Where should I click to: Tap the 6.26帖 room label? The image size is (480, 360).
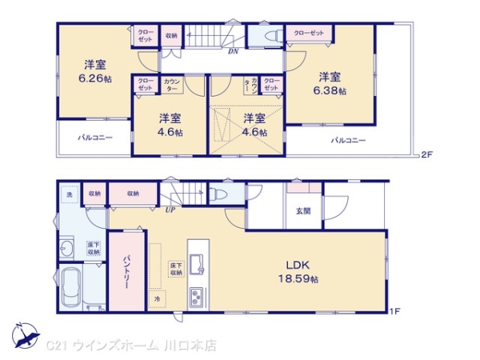coord(94,71)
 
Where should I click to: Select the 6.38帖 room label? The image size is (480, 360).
coord(330,84)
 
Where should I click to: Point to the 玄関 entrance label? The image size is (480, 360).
coord(304,211)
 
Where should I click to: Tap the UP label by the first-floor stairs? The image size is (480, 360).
coord(170,210)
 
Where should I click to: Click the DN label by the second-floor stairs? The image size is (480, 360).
coord(233,52)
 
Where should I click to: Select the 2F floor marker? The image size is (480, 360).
coord(426,154)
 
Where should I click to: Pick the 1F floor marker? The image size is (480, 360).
coord(394,310)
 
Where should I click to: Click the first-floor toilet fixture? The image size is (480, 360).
coord(218,194)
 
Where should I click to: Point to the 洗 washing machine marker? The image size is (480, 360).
coord(69,194)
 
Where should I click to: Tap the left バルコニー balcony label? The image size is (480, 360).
coord(94,138)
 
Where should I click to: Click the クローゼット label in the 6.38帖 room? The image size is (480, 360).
coord(309,33)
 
